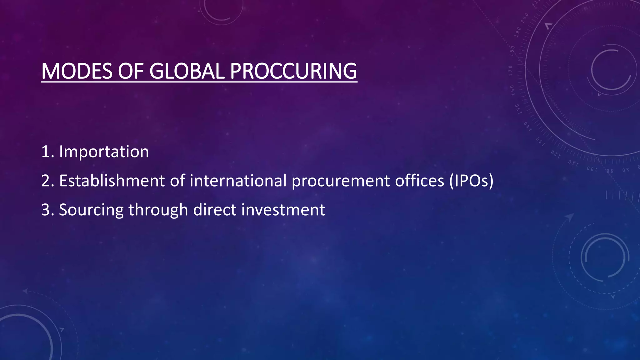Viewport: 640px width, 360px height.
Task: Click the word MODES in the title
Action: coord(77,71)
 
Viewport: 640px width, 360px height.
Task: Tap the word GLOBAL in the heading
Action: coord(187,71)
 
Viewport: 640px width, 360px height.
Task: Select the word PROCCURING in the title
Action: coord(293,71)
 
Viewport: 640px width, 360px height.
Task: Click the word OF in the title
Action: coord(131,71)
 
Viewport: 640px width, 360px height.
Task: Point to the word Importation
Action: coord(104,152)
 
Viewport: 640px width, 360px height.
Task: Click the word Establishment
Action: coord(112,181)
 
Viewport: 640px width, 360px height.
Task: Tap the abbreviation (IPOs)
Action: coord(472,181)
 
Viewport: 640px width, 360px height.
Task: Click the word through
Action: coord(158,210)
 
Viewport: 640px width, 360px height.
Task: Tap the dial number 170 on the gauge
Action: coord(510,71)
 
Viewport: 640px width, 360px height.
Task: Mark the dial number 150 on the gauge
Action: coord(517,109)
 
